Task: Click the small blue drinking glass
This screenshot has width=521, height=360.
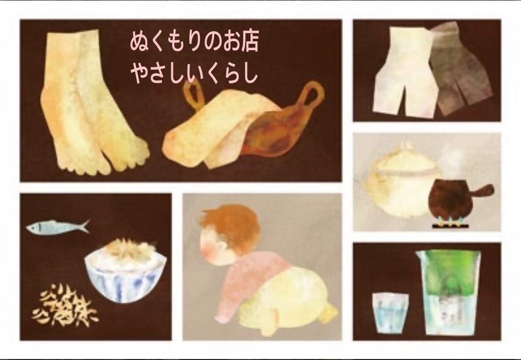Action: (x=390, y=312)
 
